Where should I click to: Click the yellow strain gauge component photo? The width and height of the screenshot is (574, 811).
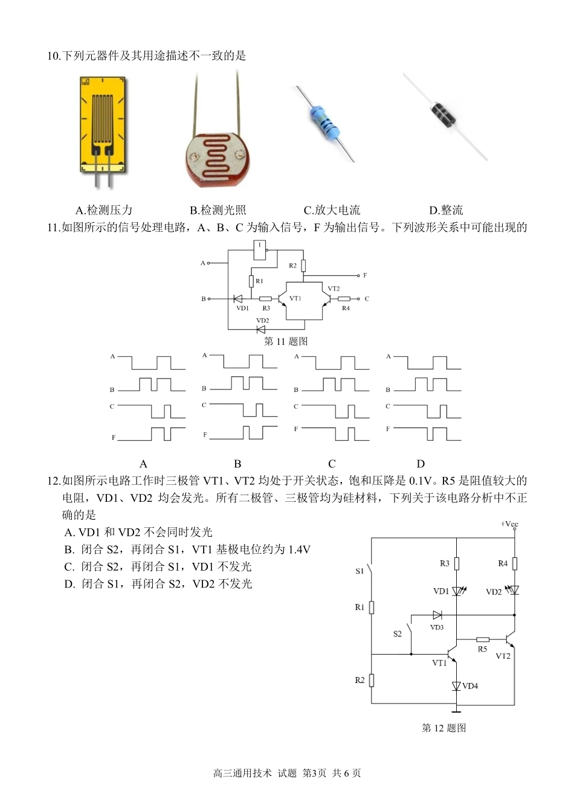(103, 132)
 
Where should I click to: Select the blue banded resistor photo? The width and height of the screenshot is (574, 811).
(324, 123)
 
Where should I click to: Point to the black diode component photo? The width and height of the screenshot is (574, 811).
(445, 115)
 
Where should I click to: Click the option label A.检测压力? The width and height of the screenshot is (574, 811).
(104, 210)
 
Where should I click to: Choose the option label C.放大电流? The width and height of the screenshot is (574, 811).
(332, 210)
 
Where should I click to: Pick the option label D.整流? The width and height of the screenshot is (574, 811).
(446, 210)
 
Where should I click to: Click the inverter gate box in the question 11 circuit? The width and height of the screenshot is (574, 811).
(259, 250)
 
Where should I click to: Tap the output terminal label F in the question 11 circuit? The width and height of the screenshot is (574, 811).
(365, 275)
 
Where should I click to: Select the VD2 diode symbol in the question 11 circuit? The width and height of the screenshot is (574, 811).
(260, 329)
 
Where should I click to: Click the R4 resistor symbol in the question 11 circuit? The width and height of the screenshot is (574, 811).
(344, 299)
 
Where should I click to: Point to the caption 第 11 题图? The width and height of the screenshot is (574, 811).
(286, 341)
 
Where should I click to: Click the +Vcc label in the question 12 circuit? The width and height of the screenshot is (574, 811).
(509, 524)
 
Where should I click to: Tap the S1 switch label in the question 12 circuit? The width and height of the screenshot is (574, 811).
(360, 572)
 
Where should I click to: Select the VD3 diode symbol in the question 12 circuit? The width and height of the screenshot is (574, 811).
(437, 615)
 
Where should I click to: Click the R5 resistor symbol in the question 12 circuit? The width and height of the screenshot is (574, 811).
(483, 640)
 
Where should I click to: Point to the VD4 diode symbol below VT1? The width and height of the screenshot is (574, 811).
(456, 686)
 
